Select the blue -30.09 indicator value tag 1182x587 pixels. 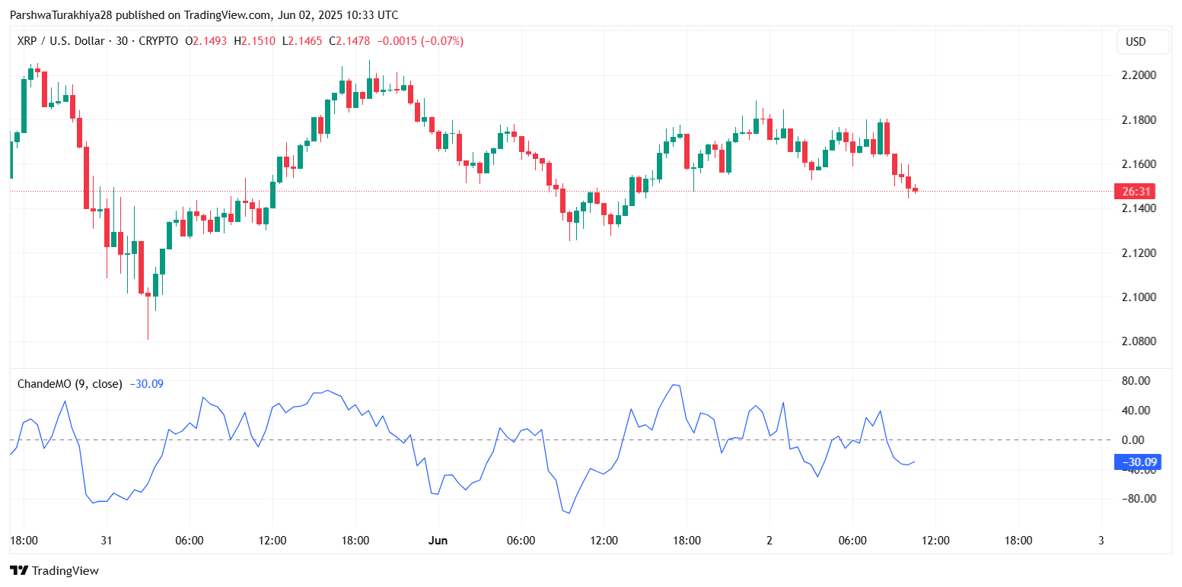click(x=1137, y=462)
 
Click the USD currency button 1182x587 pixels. click(x=1136, y=42)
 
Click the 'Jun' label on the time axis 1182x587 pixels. click(x=438, y=541)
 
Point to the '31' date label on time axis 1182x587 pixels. click(x=107, y=541)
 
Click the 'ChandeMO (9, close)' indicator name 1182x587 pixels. click(x=69, y=384)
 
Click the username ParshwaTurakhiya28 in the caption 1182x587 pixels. click(x=62, y=15)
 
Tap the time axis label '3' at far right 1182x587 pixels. click(x=1101, y=541)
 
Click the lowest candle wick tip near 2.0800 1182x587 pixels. click(x=148, y=340)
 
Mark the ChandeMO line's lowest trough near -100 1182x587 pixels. click(x=568, y=513)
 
